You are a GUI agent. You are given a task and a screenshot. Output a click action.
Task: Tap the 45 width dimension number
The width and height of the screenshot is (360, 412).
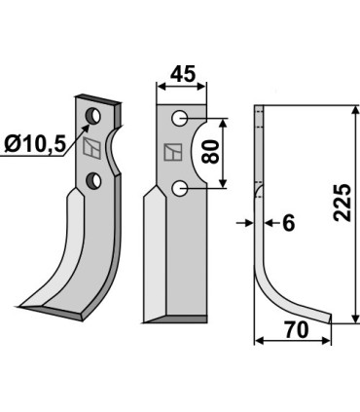[x=182, y=75]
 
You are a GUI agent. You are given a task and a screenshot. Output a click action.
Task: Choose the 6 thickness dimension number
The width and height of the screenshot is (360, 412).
[x=287, y=223]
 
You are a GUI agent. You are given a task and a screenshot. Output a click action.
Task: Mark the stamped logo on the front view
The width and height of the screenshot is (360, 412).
[x=171, y=152]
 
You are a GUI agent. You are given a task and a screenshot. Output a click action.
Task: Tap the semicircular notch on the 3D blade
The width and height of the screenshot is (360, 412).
[x=116, y=147]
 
